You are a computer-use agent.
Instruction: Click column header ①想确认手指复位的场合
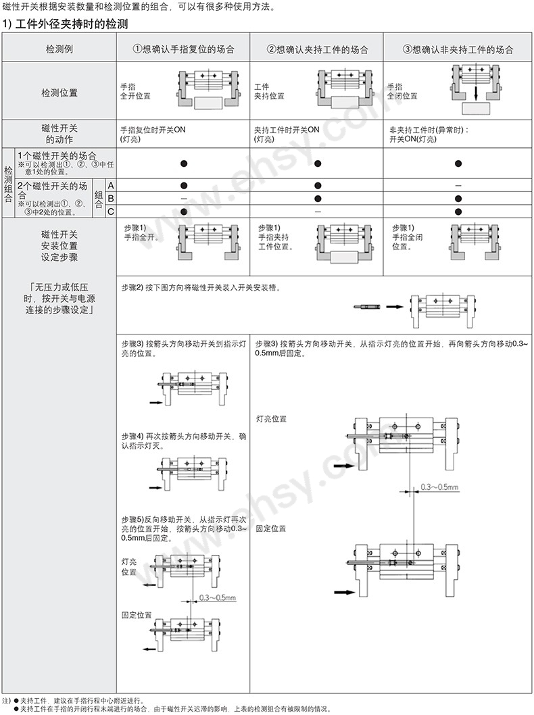pyautogui.click(x=184, y=50)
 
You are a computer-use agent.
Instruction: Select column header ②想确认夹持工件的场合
pyautogui.click(x=318, y=50)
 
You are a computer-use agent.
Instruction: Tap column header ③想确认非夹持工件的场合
pyautogui.click(x=458, y=50)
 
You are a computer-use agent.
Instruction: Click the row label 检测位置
pyautogui.click(x=59, y=92)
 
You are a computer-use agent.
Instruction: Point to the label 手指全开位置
pyautogui.click(x=135, y=91)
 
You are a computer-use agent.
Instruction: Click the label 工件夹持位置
pyautogui.click(x=268, y=91)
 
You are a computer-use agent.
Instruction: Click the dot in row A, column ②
pyautogui.click(x=318, y=184)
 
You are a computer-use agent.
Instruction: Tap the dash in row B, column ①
pyautogui.click(x=184, y=198)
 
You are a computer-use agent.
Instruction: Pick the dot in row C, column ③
pyautogui.click(x=458, y=212)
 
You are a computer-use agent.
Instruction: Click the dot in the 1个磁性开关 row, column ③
pyautogui.click(x=458, y=163)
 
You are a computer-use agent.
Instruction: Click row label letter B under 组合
pyautogui.click(x=110, y=198)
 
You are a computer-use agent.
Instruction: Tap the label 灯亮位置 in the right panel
pyautogui.click(x=271, y=419)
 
